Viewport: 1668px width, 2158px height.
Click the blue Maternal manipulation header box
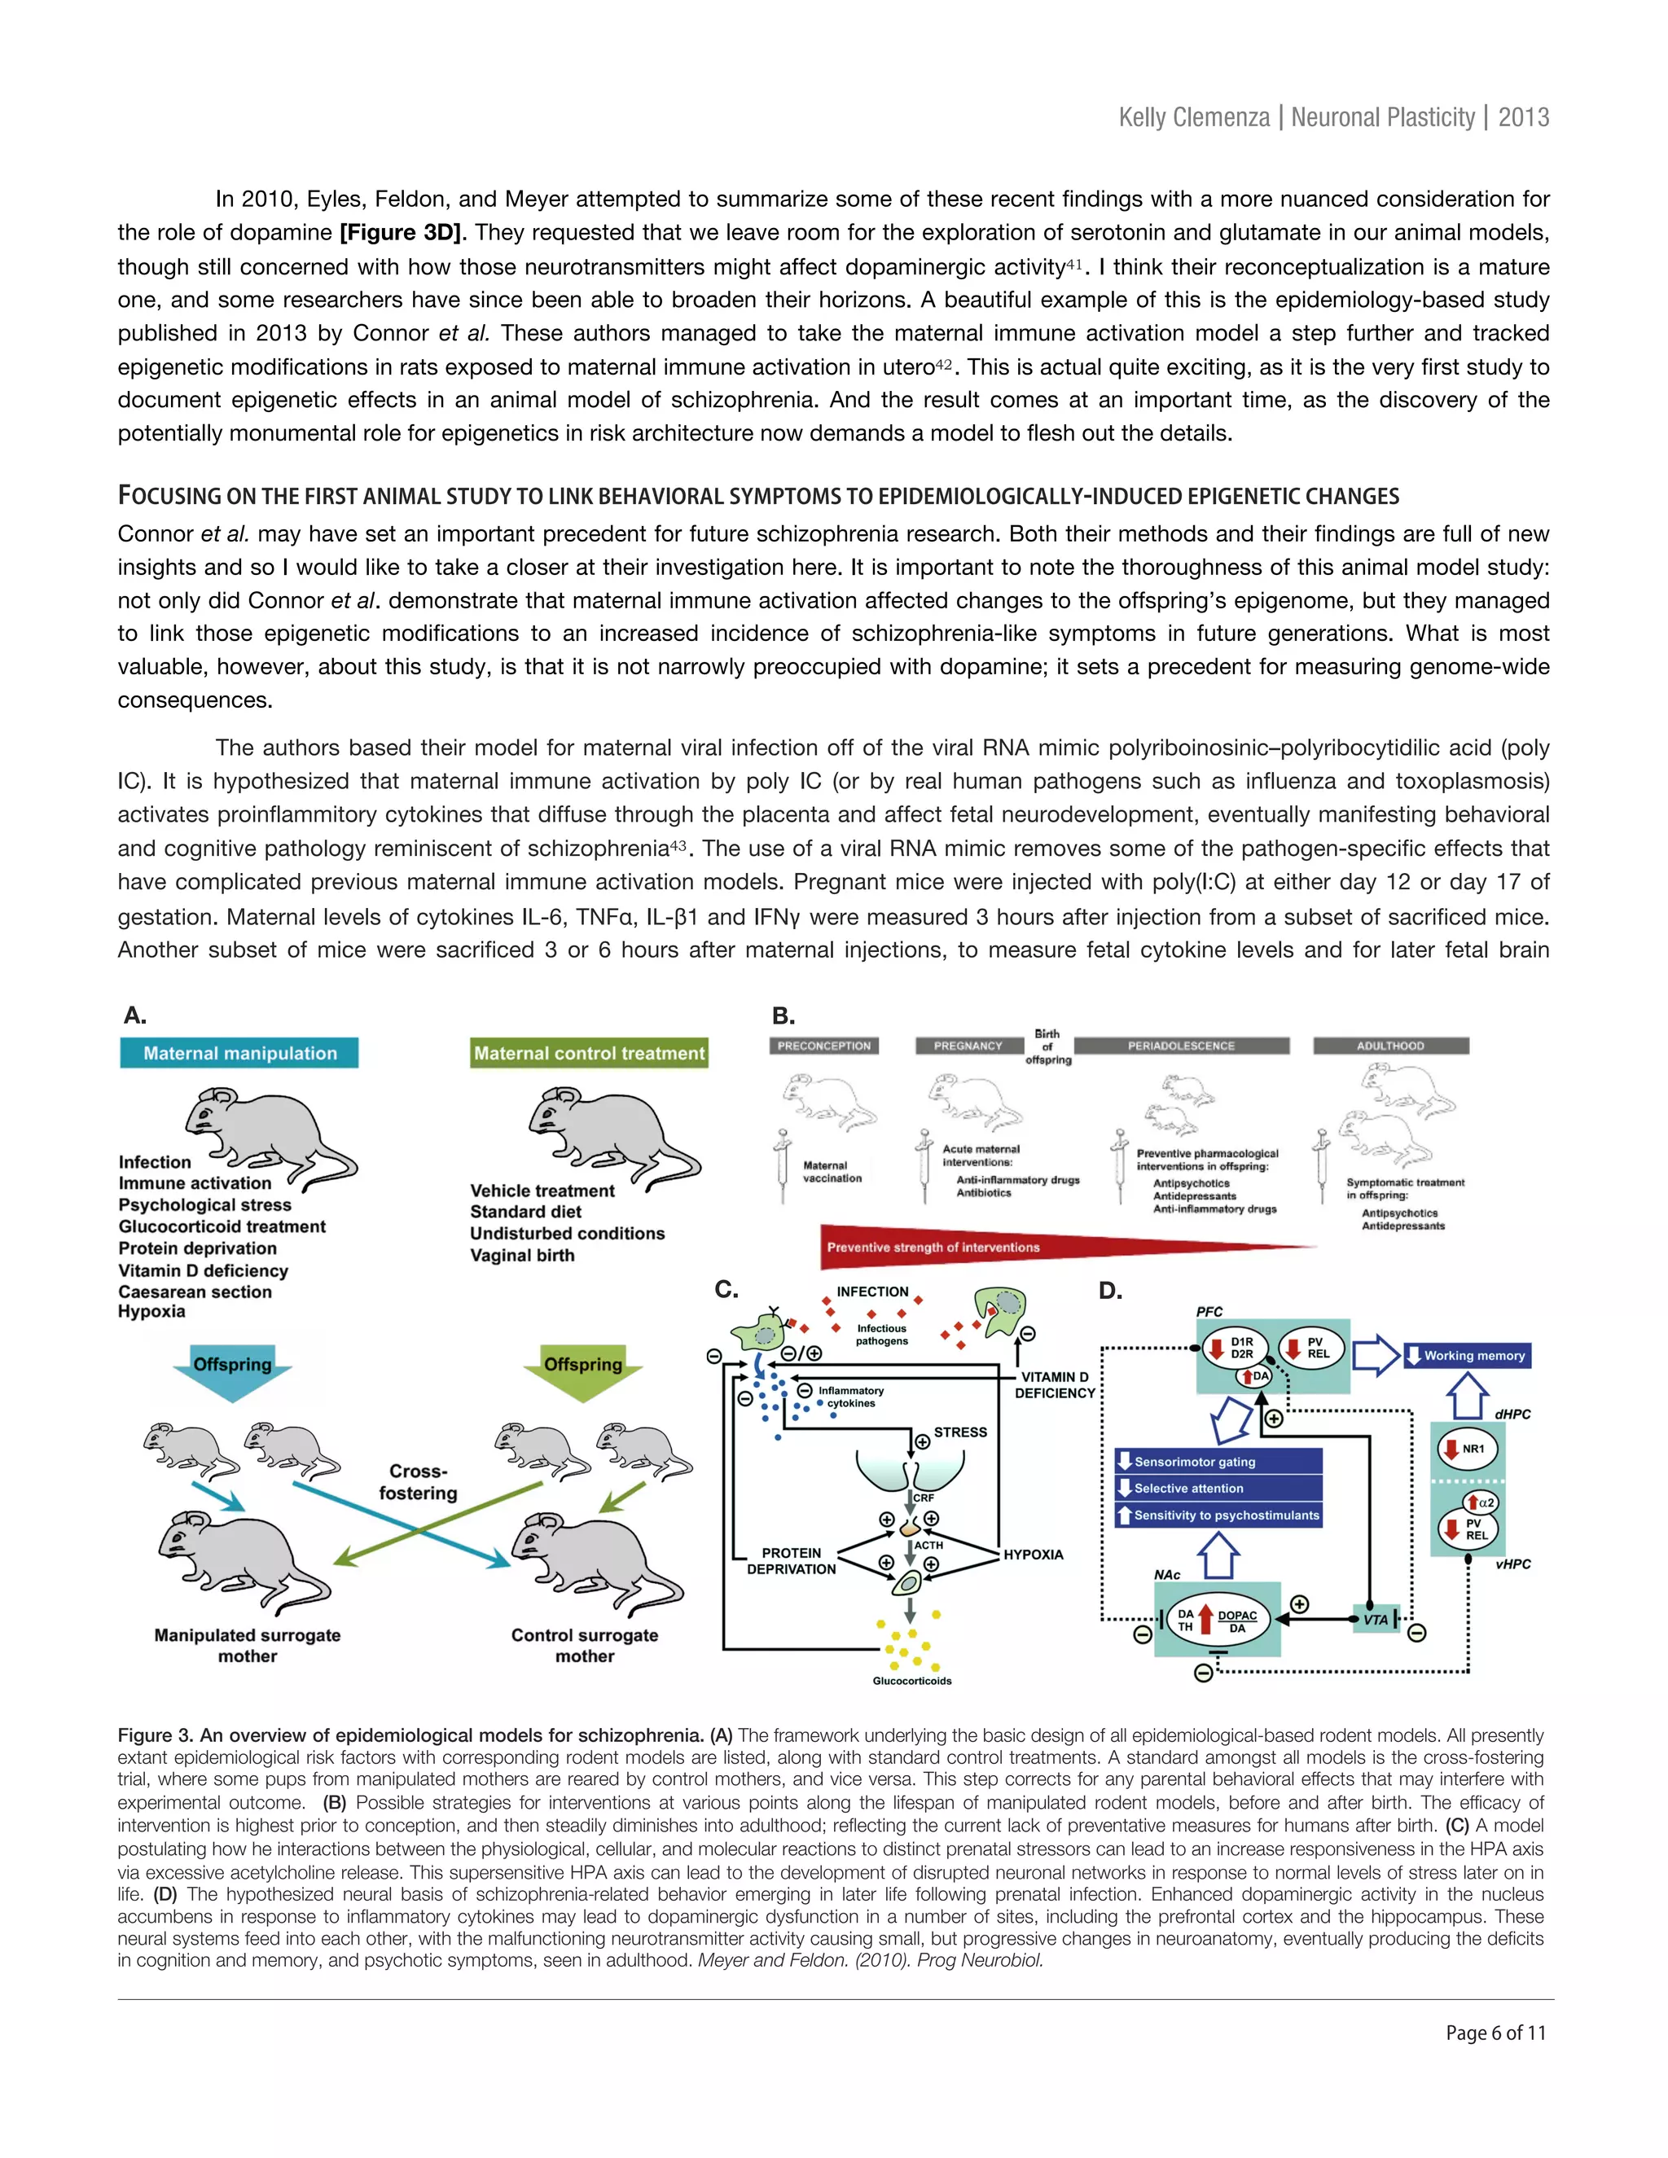239,1053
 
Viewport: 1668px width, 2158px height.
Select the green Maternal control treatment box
589,1053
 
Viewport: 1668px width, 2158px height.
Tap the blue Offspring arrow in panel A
232,1369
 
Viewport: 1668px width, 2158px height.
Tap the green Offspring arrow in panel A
583,1369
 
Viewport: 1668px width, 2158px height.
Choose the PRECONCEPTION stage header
824,1046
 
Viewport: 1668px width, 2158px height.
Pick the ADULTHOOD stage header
1390,1046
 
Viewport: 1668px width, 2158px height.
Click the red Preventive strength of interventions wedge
988,1247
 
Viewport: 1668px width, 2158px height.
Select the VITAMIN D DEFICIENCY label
1055,1384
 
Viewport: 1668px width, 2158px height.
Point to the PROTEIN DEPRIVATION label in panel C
791,1561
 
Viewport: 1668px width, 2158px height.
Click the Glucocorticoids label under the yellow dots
912,1681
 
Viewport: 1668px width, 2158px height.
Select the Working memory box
1466,1356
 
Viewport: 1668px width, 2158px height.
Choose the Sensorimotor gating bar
1218,1462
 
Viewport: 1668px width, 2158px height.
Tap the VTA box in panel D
1376,1620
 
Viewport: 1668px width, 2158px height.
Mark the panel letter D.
1111,1291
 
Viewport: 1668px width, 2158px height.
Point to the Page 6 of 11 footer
1495,2033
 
